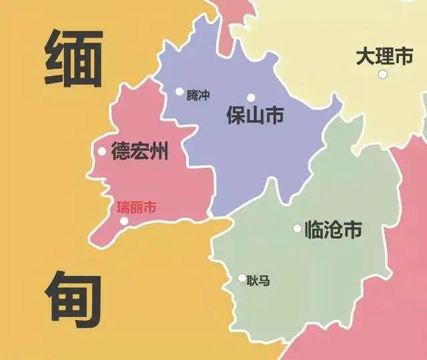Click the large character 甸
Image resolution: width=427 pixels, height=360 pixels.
73,299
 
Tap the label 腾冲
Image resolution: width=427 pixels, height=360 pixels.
198,96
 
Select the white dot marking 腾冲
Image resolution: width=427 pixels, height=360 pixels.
179,92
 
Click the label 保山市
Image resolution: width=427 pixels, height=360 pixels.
255,116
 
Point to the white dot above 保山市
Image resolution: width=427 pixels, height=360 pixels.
251,98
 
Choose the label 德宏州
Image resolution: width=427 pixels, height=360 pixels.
139,152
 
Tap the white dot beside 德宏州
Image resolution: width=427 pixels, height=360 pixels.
102,152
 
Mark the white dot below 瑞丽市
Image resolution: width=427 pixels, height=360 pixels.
123,221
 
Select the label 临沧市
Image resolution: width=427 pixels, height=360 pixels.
333,230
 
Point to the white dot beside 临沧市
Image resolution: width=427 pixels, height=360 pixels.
297,228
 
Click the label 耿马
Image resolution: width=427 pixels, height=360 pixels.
258,281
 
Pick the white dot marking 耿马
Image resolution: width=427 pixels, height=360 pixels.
242,278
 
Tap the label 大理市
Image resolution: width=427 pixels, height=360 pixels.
384,57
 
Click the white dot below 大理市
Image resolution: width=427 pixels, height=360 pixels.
382,74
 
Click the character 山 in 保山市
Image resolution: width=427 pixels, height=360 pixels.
255,116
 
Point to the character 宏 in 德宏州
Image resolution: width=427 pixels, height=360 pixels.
139,152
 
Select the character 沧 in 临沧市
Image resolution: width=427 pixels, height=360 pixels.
333,230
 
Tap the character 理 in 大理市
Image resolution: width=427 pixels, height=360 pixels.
384,57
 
